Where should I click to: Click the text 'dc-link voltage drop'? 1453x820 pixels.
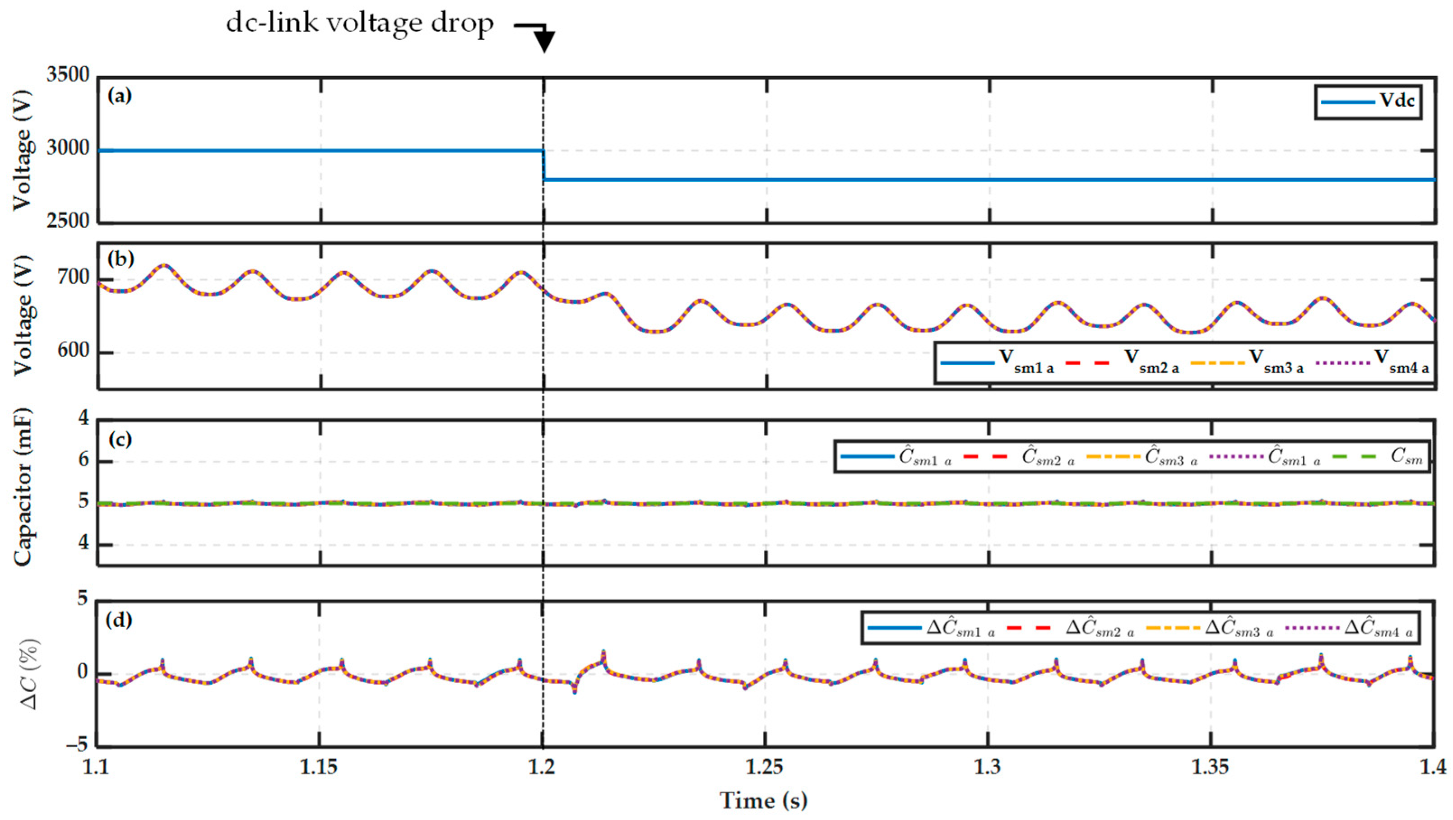[360, 23]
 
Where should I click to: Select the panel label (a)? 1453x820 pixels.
[120, 95]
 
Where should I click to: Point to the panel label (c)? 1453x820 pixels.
[120, 439]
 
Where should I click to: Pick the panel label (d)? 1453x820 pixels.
[120, 619]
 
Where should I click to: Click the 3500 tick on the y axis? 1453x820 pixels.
[68, 74]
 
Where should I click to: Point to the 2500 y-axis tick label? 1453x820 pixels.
[68, 221]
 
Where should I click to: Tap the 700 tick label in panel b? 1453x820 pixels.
[73, 278]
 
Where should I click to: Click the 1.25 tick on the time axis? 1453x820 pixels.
[764, 768]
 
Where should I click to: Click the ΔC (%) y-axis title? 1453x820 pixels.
[27, 674]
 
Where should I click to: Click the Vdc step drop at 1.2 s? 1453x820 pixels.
[544, 165]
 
